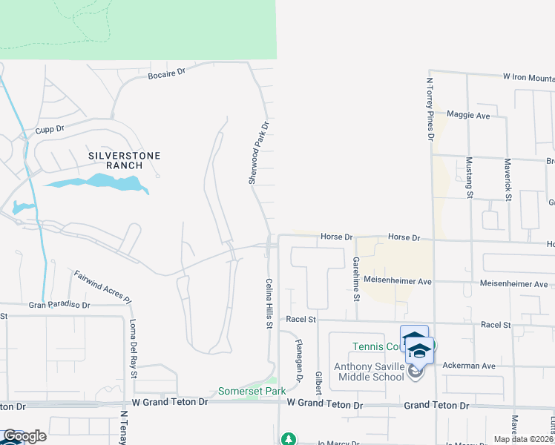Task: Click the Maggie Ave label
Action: (x=467, y=116)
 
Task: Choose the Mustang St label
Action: (x=468, y=177)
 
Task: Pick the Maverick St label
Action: (x=508, y=178)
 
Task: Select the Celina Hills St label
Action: (x=270, y=303)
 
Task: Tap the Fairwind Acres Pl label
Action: (x=102, y=287)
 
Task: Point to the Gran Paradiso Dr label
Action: (x=59, y=305)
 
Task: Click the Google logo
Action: (x=24, y=436)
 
